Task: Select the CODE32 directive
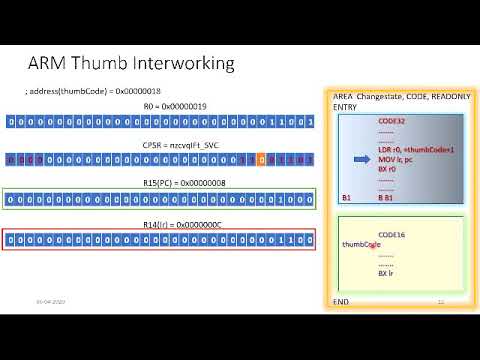(x=392, y=120)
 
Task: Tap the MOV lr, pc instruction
(x=397, y=158)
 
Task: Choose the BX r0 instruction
(x=388, y=169)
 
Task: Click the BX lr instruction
(x=388, y=272)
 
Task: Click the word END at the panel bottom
(x=339, y=301)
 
